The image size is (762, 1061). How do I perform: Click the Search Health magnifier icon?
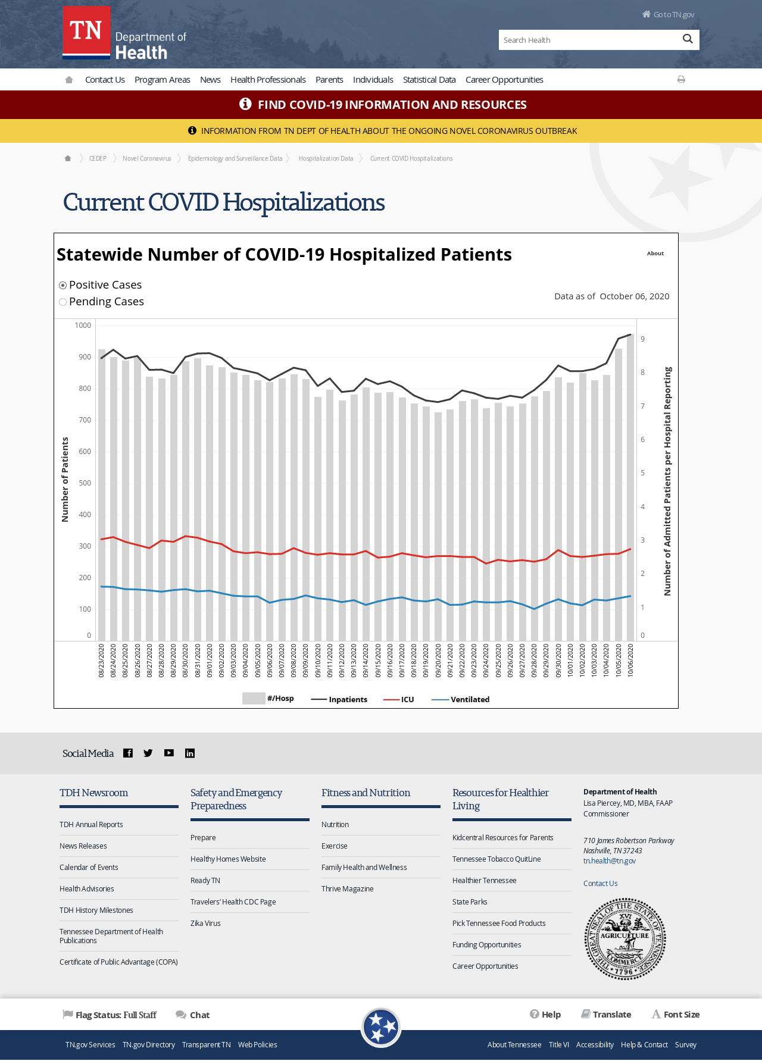click(x=688, y=39)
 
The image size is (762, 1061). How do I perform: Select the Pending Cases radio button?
click(x=63, y=302)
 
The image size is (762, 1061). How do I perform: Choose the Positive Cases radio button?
click(x=63, y=285)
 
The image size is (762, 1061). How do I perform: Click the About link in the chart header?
click(x=655, y=253)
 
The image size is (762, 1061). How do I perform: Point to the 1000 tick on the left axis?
click(x=83, y=326)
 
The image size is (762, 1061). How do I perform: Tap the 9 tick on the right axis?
click(x=643, y=339)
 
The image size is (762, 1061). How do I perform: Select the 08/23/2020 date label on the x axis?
click(x=102, y=660)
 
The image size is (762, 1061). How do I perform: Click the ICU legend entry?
click(x=399, y=699)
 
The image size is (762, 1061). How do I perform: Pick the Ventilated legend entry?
click(x=461, y=699)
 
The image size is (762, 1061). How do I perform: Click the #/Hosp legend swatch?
click(x=254, y=699)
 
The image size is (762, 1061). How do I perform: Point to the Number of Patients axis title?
click(x=65, y=480)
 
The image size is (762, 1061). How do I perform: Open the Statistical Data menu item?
click(x=429, y=80)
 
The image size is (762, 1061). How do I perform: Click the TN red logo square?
click(x=86, y=33)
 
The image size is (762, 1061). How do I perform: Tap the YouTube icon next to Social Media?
click(x=169, y=753)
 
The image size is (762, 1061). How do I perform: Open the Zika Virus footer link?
click(x=205, y=924)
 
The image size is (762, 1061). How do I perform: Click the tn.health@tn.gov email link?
click(x=610, y=860)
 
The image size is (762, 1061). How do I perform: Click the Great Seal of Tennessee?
click(x=625, y=939)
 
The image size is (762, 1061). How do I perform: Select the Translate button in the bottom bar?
click(x=606, y=1015)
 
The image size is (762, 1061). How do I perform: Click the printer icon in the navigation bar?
click(x=681, y=79)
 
